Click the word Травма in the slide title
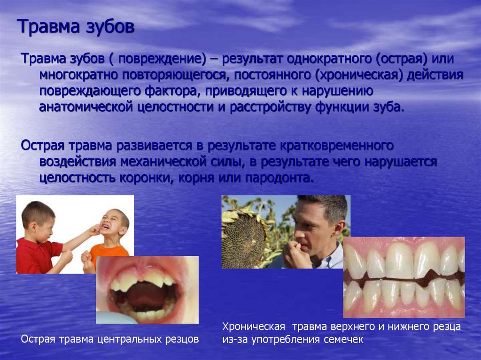click(43, 27)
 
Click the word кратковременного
click(336, 146)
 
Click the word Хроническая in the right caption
click(254, 326)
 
